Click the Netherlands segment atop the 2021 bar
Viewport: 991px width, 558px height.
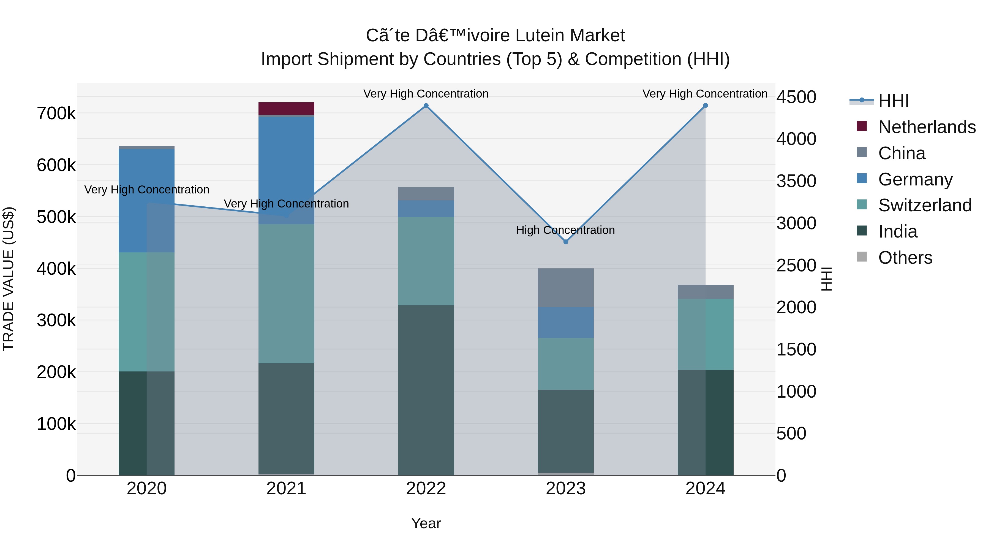(x=286, y=109)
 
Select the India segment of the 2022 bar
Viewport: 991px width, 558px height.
(x=426, y=390)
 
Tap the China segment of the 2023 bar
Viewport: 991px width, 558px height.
(x=565, y=288)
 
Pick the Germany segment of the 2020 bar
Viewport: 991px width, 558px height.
(x=146, y=201)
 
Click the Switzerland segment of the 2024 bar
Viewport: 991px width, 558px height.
(x=705, y=334)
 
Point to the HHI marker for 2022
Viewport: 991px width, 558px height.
(x=426, y=106)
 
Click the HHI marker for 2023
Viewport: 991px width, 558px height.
(x=565, y=242)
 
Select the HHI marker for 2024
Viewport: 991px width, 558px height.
(x=705, y=106)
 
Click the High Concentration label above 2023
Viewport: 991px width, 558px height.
(x=565, y=230)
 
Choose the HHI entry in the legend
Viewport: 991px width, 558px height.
(x=893, y=101)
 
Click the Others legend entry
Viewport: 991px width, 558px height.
(x=905, y=258)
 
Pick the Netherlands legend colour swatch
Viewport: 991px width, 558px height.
(x=862, y=126)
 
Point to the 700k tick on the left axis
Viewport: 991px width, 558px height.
(x=56, y=114)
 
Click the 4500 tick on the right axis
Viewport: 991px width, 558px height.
(x=796, y=97)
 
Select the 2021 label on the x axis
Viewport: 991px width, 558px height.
(x=286, y=489)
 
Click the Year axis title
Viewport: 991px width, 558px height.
(x=426, y=523)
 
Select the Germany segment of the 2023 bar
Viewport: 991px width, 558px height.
(x=565, y=322)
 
